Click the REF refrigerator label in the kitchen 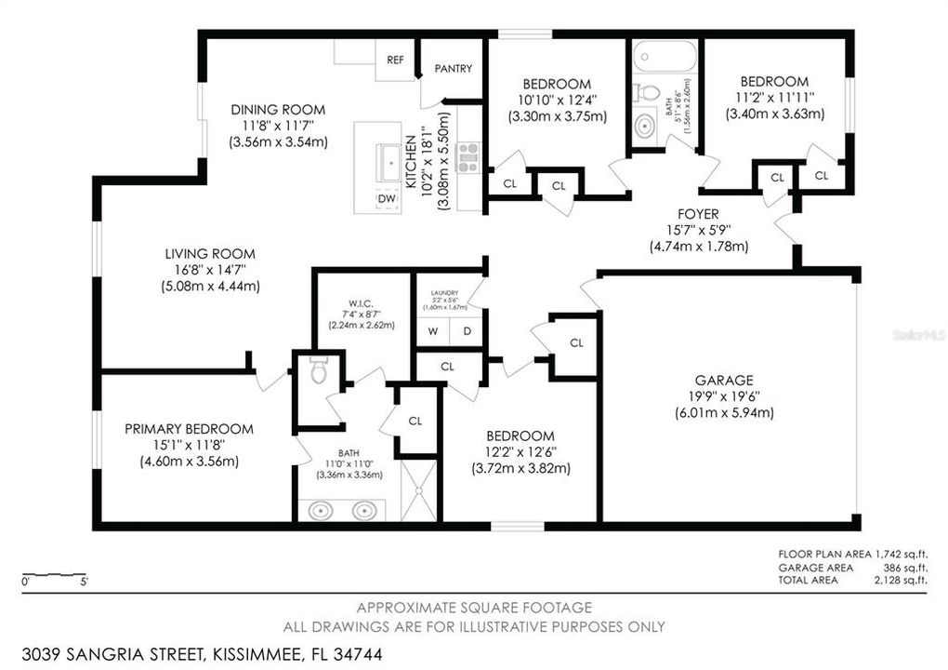point(395,60)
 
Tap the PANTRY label point(453,68)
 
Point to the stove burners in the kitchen point(468,157)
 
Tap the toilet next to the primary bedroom point(318,370)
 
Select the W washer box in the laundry point(432,331)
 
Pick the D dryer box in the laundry point(467,331)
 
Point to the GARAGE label point(724,380)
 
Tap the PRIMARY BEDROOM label point(189,429)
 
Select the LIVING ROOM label point(209,253)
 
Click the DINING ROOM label point(278,109)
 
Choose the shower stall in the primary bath point(418,489)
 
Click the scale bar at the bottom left point(56,574)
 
